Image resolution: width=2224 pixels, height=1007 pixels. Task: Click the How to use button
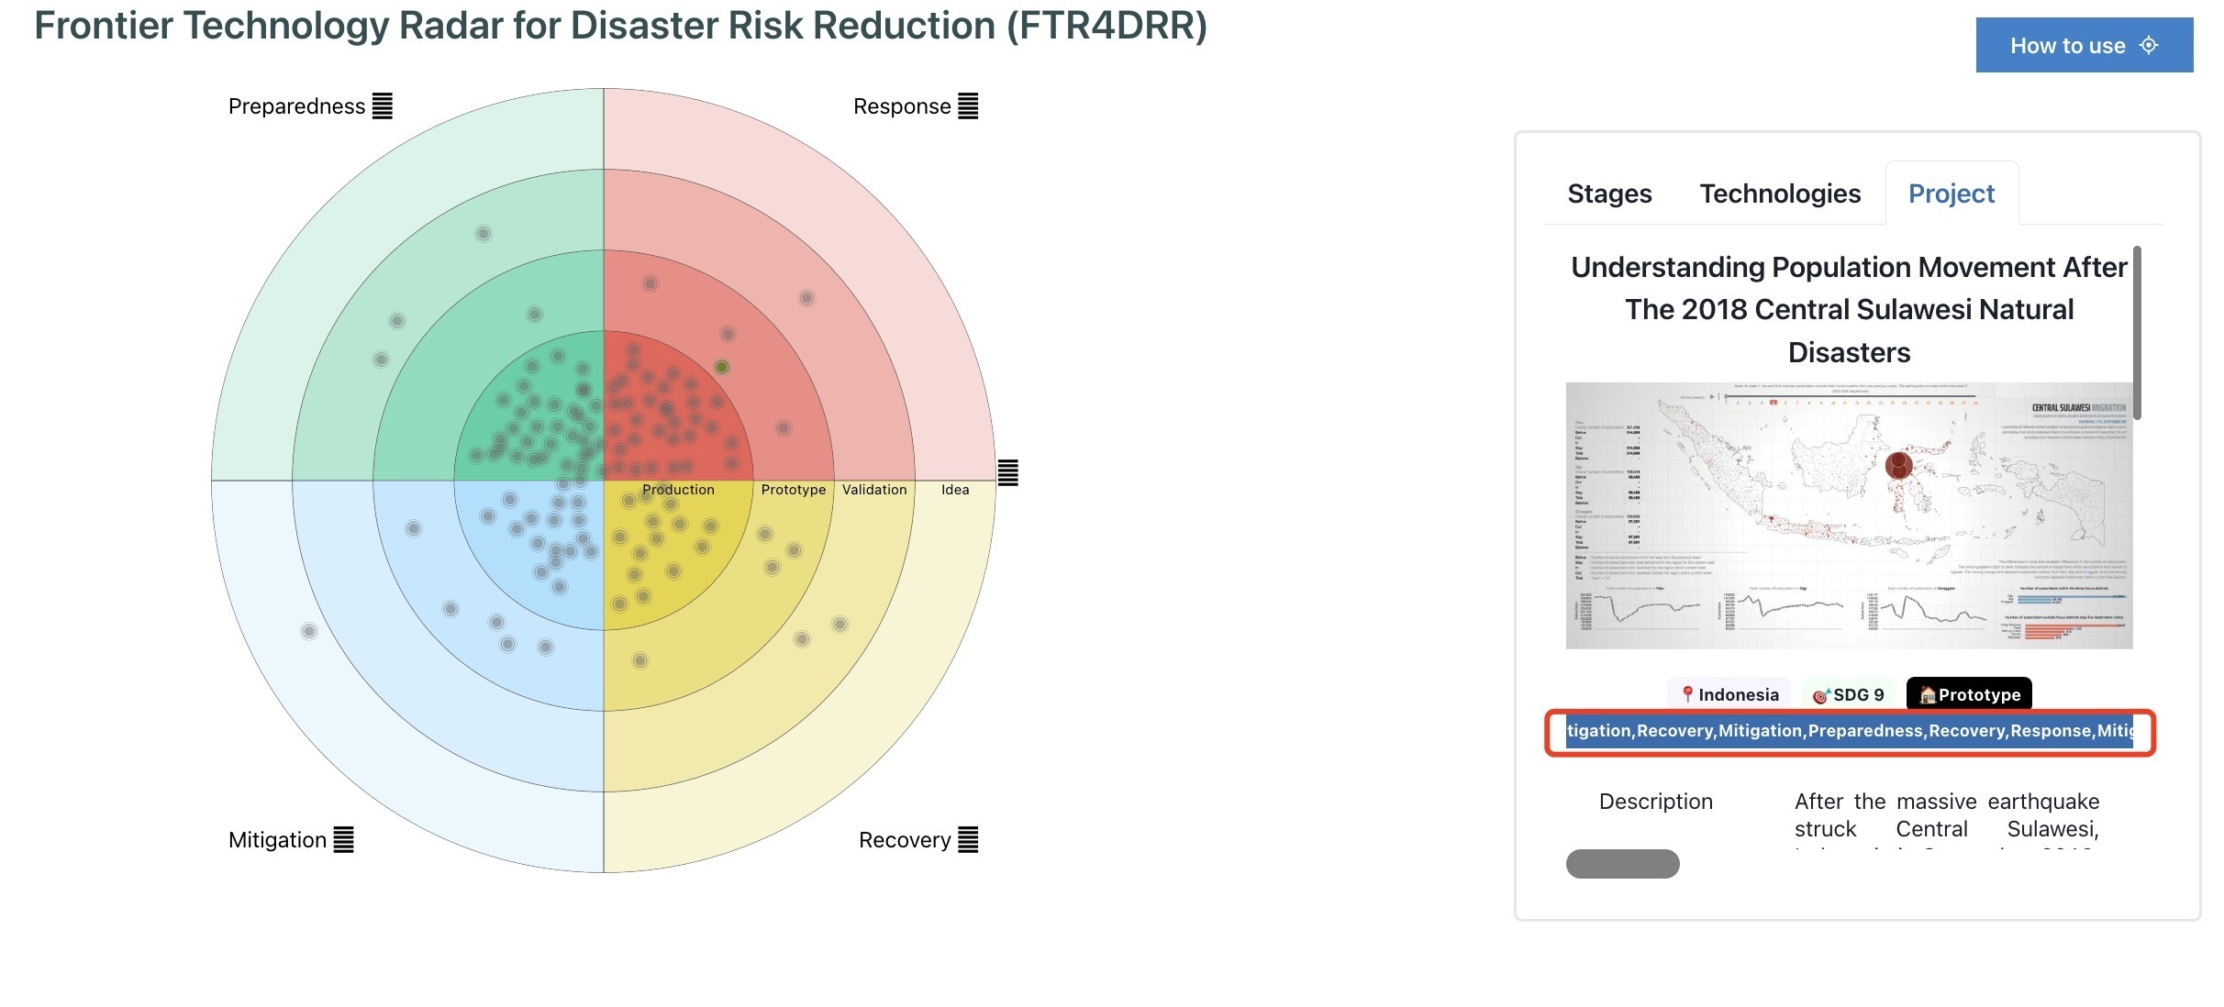pyautogui.click(x=2083, y=45)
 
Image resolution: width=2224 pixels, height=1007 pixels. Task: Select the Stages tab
pyautogui.click(x=1609, y=194)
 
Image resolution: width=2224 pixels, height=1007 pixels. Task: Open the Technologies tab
pyautogui.click(x=1780, y=194)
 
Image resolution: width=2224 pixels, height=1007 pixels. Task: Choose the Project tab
pyautogui.click(x=1952, y=194)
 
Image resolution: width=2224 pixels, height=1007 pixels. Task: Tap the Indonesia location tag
pyautogui.click(x=1729, y=694)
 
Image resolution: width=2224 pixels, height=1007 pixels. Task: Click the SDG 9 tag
pyautogui.click(x=1849, y=694)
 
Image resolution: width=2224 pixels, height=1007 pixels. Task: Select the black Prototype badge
pyautogui.click(x=1969, y=694)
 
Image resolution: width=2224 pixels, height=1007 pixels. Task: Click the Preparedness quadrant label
pyautogui.click(x=296, y=106)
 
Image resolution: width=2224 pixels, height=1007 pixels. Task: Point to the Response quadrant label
pyautogui.click(x=902, y=106)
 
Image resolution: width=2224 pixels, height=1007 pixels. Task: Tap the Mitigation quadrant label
pyautogui.click(x=277, y=840)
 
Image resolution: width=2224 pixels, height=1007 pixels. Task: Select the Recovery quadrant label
pyautogui.click(x=905, y=840)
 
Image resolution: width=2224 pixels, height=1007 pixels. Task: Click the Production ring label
pyautogui.click(x=678, y=490)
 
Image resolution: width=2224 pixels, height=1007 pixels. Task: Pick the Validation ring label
pyautogui.click(x=874, y=490)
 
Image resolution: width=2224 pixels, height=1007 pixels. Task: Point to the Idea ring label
pyautogui.click(x=955, y=490)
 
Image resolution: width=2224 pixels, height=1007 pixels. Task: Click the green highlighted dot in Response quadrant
pyautogui.click(x=722, y=367)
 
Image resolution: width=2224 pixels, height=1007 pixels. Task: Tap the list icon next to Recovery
pyautogui.click(x=968, y=840)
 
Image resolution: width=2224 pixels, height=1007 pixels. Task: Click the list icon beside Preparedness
pyautogui.click(x=383, y=106)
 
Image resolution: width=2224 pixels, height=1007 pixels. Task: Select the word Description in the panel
pyautogui.click(x=1655, y=802)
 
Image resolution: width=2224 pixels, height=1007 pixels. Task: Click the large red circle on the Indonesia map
pyautogui.click(x=1898, y=465)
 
